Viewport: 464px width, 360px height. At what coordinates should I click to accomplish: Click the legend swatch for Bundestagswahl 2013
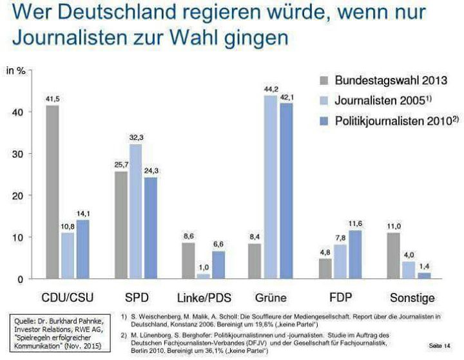click(x=324, y=81)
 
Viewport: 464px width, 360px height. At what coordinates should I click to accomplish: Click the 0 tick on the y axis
click(x=23, y=279)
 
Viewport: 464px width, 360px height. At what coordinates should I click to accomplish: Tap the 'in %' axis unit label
click(x=15, y=70)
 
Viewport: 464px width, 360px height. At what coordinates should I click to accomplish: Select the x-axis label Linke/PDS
click(x=204, y=298)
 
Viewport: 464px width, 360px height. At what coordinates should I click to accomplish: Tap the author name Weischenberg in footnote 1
click(x=160, y=316)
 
